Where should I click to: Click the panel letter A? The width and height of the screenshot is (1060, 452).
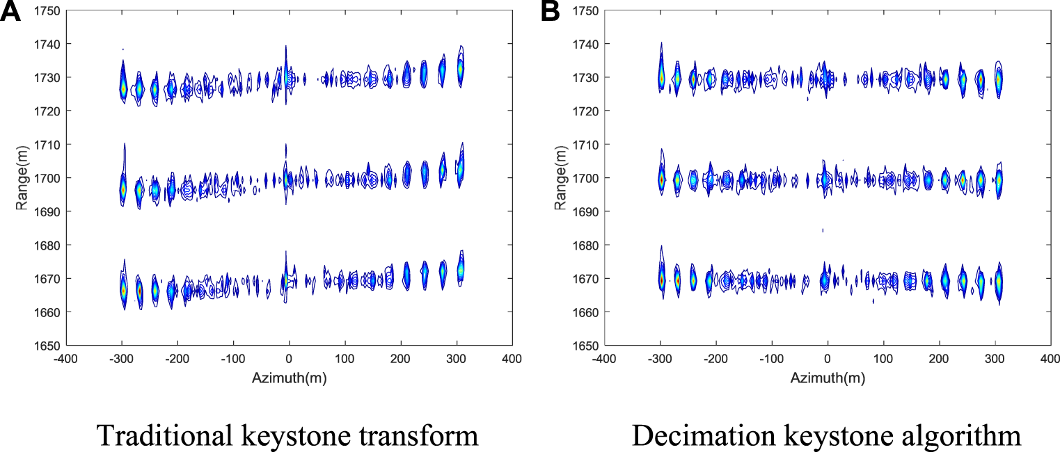[x=13, y=12]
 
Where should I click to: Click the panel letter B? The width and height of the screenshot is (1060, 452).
[x=550, y=12]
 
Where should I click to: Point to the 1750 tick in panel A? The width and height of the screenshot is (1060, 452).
[x=47, y=10]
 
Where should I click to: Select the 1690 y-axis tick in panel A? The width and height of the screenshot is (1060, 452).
[x=47, y=211]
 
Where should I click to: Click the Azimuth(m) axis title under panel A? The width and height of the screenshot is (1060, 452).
[x=289, y=378]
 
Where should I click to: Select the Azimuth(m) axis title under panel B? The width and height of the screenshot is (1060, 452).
[x=827, y=378]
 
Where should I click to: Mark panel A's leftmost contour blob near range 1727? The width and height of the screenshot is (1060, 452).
[x=122, y=88]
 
